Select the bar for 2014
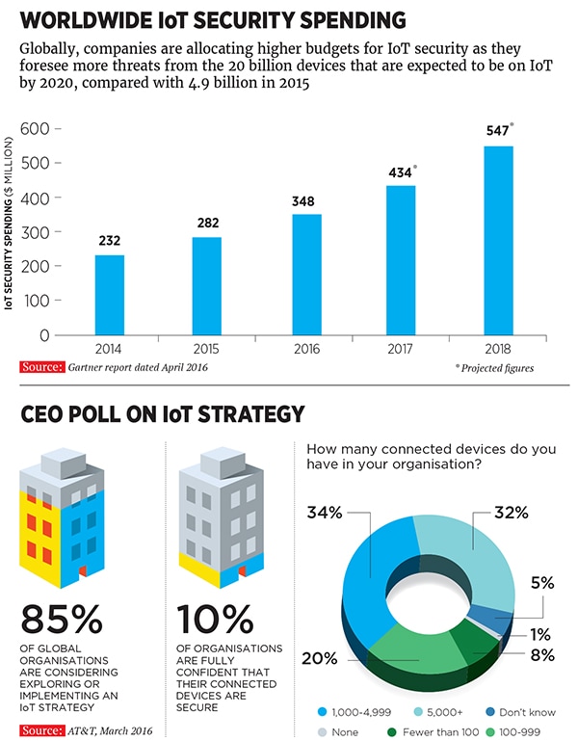[x=109, y=294]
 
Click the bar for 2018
[x=497, y=240]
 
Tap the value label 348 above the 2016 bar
[x=303, y=201]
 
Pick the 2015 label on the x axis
[x=206, y=348]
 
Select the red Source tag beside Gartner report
[x=40, y=367]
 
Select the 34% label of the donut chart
[x=324, y=513]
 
